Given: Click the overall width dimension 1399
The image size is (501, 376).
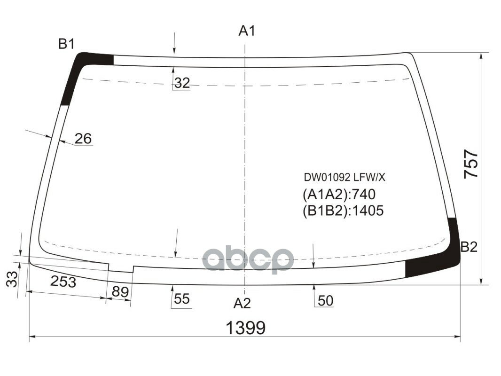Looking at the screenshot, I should [245, 328].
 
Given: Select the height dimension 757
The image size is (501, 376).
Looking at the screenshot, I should [471, 164].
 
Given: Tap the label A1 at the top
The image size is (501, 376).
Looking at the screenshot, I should [247, 31].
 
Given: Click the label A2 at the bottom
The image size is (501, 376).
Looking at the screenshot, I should [243, 304].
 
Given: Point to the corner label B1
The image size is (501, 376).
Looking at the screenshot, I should [66, 44].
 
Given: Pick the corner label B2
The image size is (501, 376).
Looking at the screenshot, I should [469, 247].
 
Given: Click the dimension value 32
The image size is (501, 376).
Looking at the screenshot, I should [182, 83].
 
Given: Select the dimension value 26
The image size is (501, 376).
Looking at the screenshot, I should [83, 139].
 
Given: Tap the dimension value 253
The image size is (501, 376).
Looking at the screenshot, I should [63, 282].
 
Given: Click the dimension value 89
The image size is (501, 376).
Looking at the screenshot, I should [120, 292].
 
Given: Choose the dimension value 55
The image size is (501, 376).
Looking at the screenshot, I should [182, 298].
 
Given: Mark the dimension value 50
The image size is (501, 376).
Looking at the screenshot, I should [325, 301].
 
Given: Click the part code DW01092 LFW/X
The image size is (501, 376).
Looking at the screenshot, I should [344, 178].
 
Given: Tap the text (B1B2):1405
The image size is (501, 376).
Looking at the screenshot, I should [343, 210].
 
